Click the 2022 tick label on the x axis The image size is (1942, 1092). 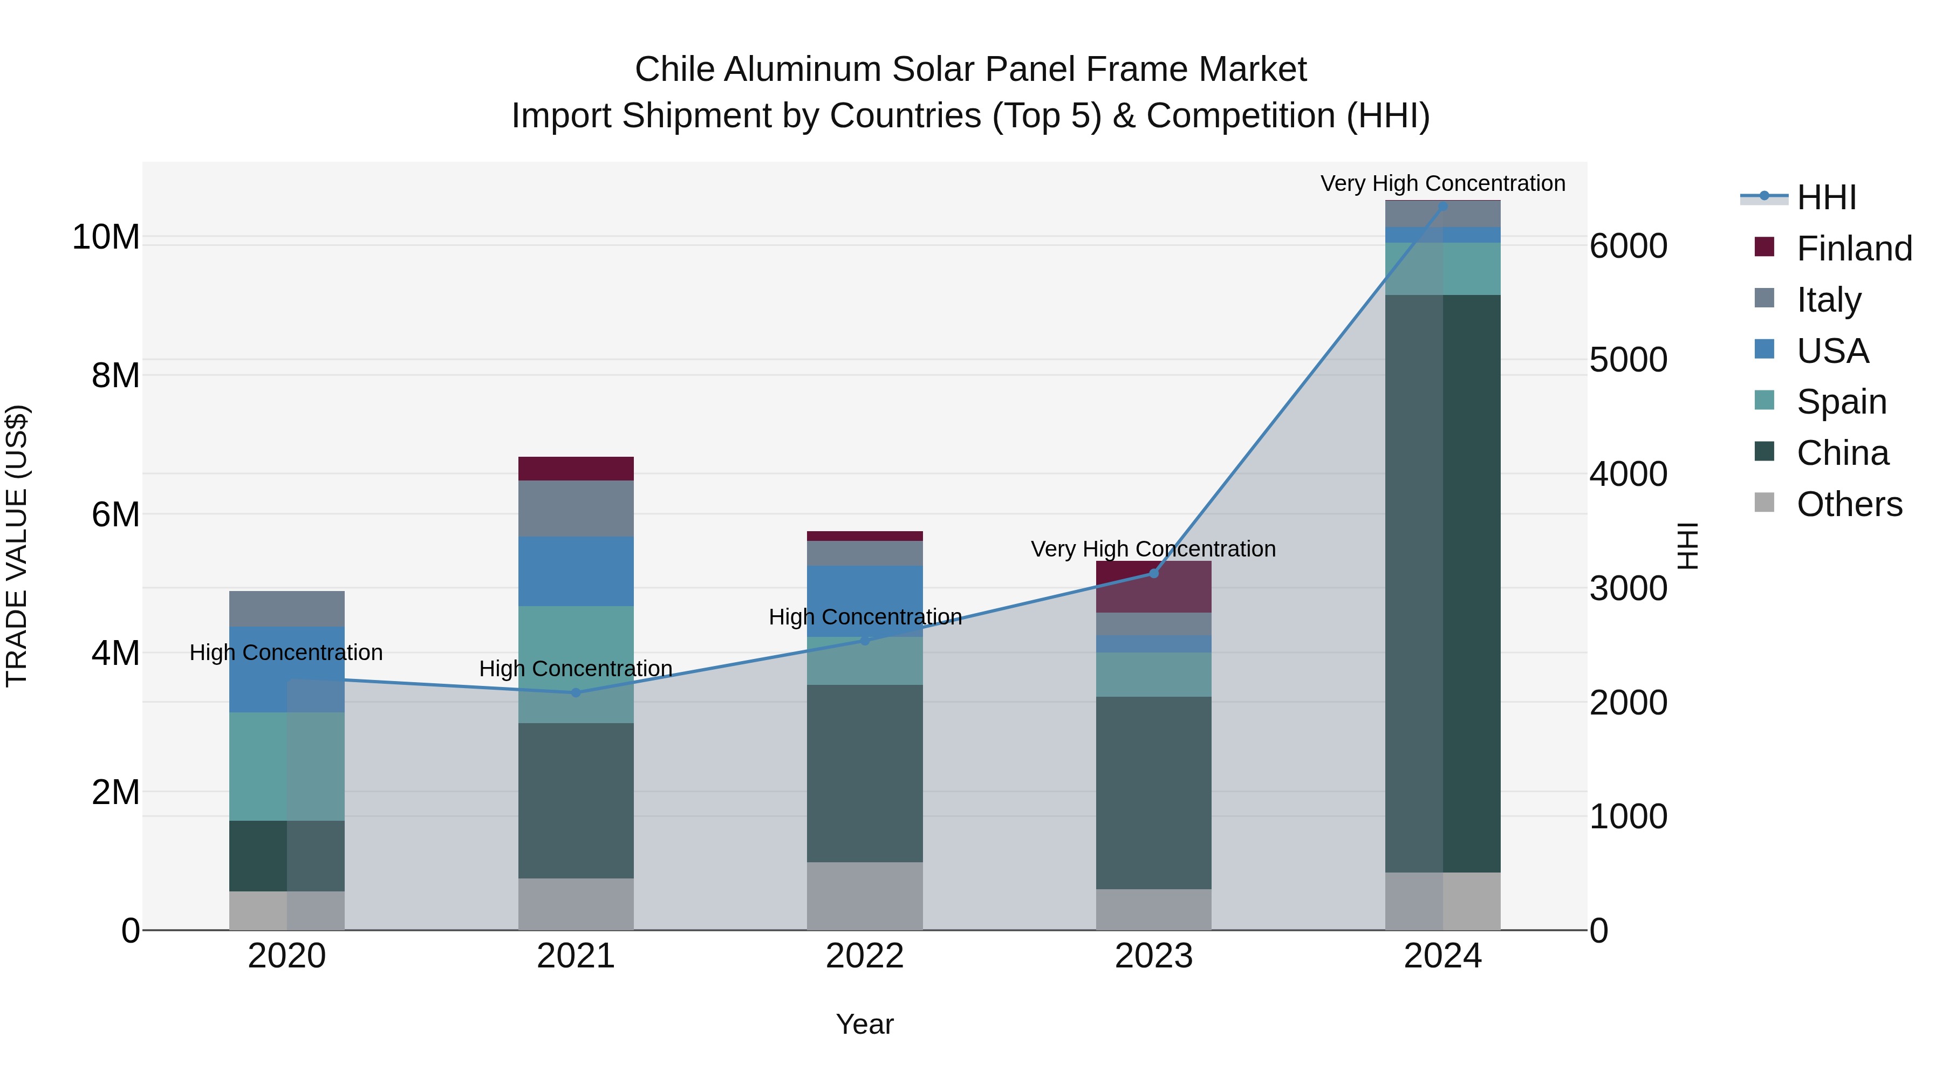[864, 956]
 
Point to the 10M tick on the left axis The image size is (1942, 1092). [106, 237]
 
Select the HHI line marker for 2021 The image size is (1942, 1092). [576, 692]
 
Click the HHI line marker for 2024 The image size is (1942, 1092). [1442, 206]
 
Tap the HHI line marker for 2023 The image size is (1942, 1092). [1153, 574]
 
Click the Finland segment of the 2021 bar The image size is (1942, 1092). [576, 469]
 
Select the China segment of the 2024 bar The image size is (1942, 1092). [1442, 584]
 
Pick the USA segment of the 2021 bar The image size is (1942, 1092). [576, 571]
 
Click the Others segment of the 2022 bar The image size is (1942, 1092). [865, 896]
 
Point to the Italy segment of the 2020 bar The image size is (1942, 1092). [286, 609]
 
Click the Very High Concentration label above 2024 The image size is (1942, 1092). [1442, 184]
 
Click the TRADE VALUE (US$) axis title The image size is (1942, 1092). [17, 546]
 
